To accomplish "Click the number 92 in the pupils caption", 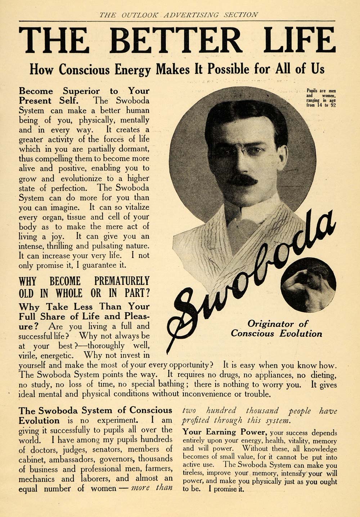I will coord(332,106).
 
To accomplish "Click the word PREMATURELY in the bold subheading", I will coord(122,281).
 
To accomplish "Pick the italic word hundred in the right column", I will coord(221,410).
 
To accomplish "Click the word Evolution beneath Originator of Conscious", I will coord(299,334).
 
